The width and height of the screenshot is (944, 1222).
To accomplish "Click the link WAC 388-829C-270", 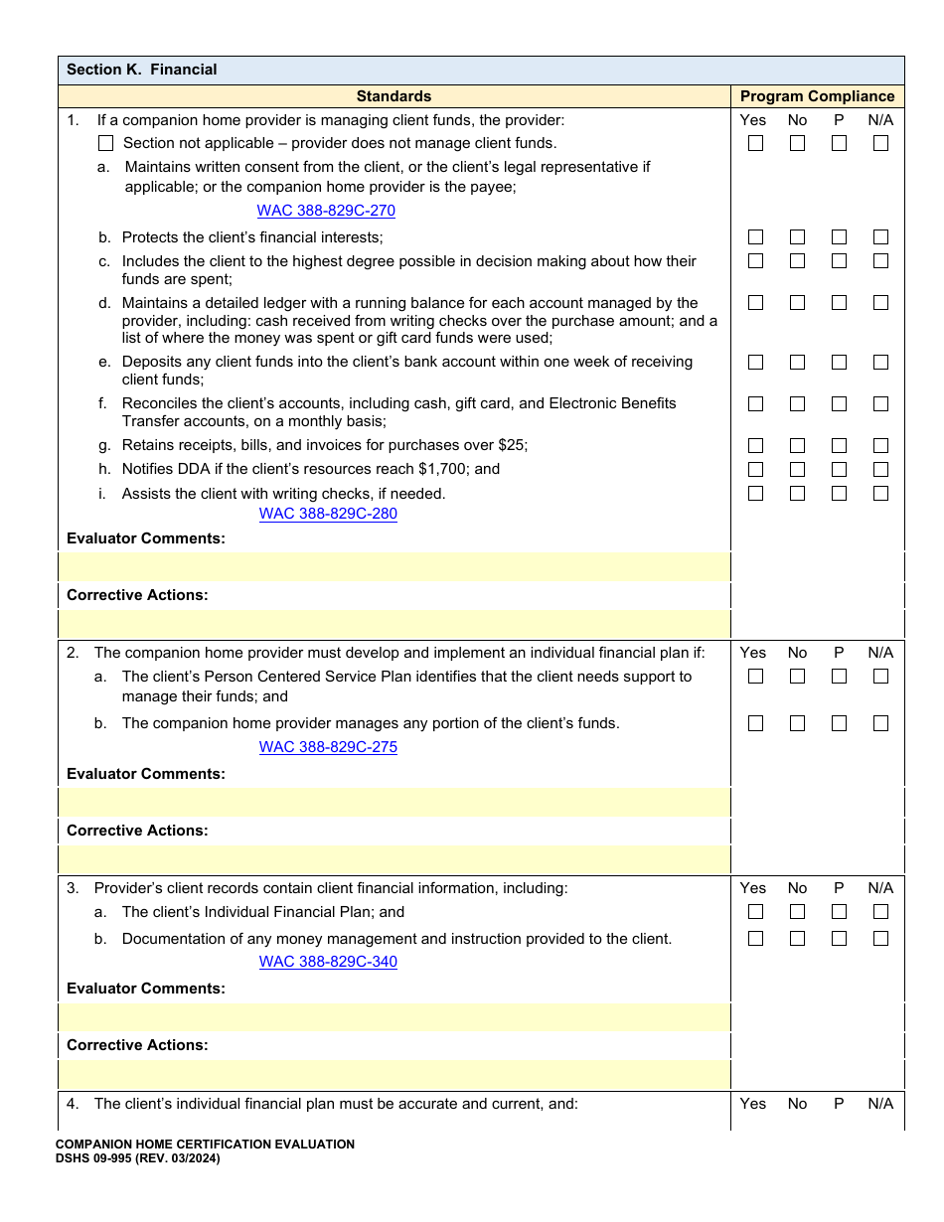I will [326, 211].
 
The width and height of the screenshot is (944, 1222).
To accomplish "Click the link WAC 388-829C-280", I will [328, 514].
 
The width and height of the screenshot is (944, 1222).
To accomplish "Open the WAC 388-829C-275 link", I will [328, 747].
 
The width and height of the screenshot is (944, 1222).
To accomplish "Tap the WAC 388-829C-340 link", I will [328, 962].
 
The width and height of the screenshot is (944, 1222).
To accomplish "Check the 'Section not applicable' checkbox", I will [106, 143].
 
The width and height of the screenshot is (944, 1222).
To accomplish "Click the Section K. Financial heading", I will [141, 70].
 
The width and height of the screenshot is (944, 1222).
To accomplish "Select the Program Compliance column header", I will [817, 96].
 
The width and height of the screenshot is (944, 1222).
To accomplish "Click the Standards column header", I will [393, 96].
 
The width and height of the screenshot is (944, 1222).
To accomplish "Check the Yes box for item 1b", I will [756, 237].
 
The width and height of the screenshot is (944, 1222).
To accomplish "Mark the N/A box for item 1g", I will [880, 445].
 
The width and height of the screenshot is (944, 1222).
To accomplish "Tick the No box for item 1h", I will [798, 469].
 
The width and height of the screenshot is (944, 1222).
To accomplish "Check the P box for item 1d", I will [839, 303].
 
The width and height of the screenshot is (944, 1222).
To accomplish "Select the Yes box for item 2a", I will [756, 677].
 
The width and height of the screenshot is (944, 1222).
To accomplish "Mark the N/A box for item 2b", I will [880, 723].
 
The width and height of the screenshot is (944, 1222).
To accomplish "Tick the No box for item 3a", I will [798, 912].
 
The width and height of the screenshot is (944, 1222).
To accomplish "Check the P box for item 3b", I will [839, 939].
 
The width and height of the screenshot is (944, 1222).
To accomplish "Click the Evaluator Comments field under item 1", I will [394, 567].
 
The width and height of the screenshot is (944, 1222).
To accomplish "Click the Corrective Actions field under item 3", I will [394, 1075].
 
